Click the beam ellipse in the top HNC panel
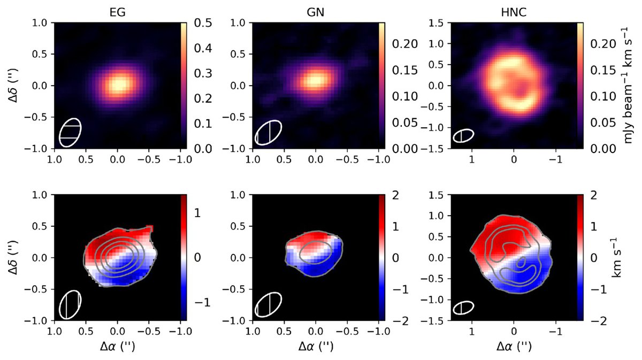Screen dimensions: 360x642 tap(463, 136)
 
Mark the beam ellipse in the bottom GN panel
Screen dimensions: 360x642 tap(268, 305)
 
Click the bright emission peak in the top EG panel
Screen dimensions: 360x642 tap(118, 84)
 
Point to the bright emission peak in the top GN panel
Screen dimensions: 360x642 tap(316, 80)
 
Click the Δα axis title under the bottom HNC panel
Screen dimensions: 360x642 tap(514, 347)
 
